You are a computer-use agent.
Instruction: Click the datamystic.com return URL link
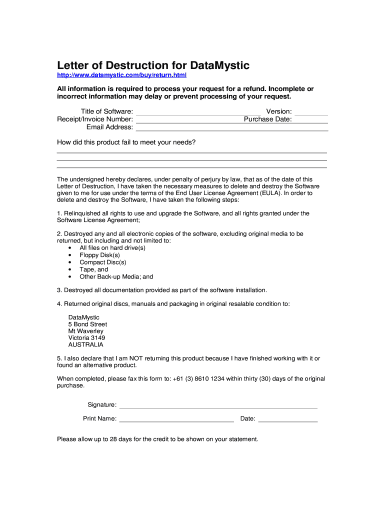point(121,75)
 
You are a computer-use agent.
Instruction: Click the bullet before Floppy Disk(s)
point(69,255)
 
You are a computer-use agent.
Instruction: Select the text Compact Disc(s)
point(103,262)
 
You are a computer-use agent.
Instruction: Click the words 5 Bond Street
point(87,324)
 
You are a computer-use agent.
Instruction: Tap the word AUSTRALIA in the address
point(86,344)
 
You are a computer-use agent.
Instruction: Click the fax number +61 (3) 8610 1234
point(198,378)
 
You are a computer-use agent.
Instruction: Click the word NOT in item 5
point(137,358)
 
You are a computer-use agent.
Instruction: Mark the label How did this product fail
point(126,142)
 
